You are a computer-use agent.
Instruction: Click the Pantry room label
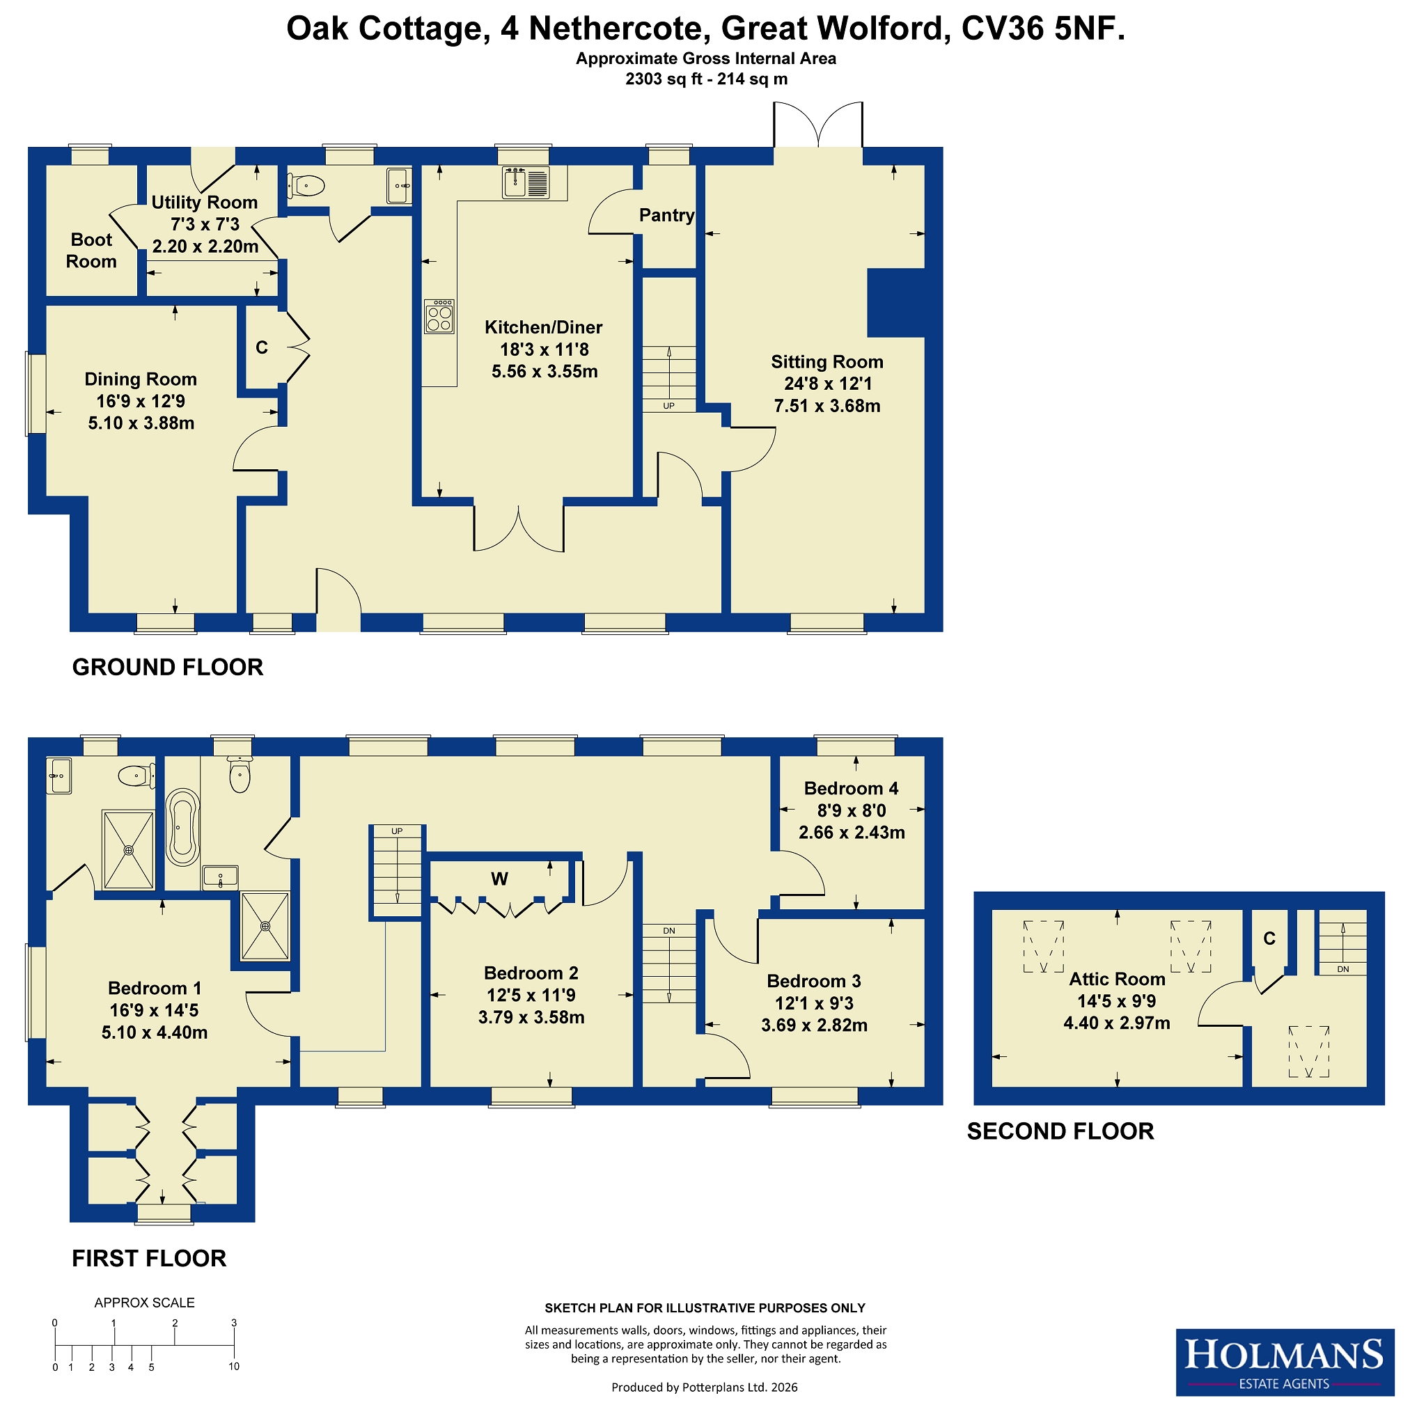[x=666, y=215]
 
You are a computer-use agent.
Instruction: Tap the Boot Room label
[x=91, y=251]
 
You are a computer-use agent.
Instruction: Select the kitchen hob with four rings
[x=439, y=317]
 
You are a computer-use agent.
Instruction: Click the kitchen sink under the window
[x=526, y=182]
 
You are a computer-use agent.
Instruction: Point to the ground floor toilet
[x=306, y=186]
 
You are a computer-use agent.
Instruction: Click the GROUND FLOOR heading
[x=168, y=667]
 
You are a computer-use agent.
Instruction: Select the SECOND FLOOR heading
[x=1060, y=1131]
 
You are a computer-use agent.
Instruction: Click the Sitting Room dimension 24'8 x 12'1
[x=828, y=384]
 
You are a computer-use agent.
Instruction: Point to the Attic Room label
[x=1118, y=980]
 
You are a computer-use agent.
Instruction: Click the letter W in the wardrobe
[x=499, y=879]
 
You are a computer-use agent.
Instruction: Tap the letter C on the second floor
[x=1270, y=938]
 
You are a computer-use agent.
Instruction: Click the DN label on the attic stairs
[x=1344, y=970]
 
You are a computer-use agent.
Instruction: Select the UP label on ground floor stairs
[x=669, y=406]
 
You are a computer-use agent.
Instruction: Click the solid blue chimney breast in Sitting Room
[x=896, y=303]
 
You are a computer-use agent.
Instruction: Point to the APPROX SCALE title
[x=145, y=1303]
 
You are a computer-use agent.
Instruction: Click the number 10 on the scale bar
[x=233, y=1367]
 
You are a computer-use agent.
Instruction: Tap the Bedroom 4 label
[x=851, y=788]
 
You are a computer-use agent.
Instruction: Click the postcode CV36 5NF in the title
[x=1044, y=29]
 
